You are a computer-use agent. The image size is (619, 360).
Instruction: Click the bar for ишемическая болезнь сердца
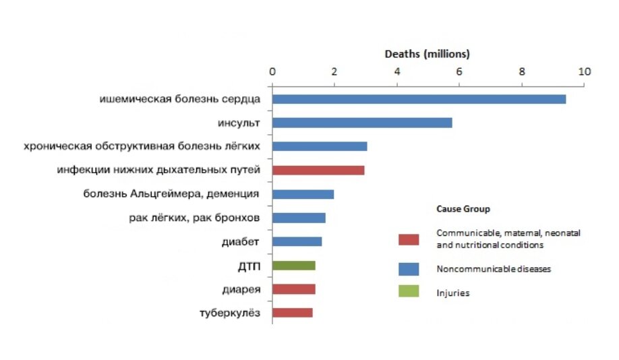[418, 99]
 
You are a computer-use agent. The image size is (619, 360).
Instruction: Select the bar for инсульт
[362, 123]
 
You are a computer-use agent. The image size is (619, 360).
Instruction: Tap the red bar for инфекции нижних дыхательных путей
[318, 170]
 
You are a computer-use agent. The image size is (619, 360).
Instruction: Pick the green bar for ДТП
[293, 265]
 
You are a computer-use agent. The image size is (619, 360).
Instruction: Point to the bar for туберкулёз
[292, 313]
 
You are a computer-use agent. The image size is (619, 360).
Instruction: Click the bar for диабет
[297, 241]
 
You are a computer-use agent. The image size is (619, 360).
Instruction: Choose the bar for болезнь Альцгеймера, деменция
[303, 194]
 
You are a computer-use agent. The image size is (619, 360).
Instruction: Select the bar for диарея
[293, 289]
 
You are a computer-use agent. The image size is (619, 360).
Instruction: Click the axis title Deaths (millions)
[427, 53]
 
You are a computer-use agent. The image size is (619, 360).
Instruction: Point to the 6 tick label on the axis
[459, 71]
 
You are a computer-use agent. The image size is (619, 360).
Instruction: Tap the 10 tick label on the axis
[583, 71]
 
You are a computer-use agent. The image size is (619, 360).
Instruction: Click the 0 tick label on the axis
[272, 71]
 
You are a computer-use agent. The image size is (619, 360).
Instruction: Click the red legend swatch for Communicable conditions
[408, 239]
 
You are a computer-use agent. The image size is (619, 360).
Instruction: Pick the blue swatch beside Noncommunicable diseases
[408, 269]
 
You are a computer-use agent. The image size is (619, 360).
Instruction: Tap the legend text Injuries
[452, 293]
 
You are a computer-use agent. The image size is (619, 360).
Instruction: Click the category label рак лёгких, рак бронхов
[194, 218]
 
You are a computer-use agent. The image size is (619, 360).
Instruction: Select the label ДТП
[249, 266]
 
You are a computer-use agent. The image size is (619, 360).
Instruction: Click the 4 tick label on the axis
[396, 71]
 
